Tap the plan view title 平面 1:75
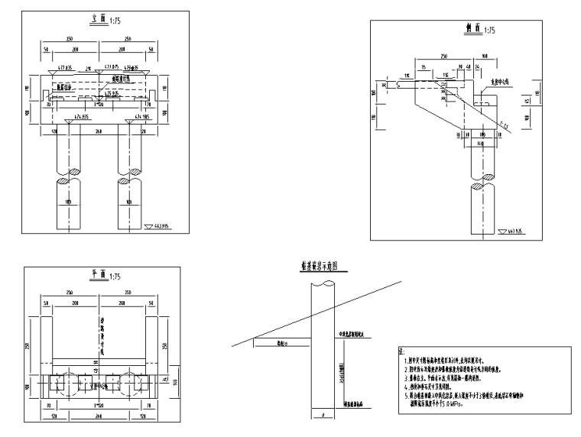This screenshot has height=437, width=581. tap(101, 276)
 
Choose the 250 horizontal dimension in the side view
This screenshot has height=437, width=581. tap(444, 57)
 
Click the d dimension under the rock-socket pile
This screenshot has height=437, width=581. tap(324, 416)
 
